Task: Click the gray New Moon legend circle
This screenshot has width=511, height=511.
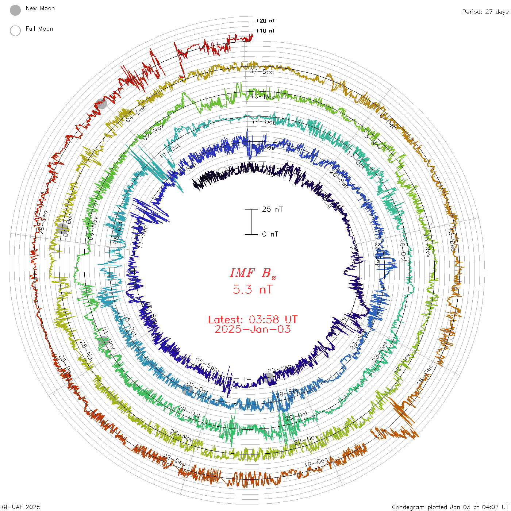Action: [15, 10]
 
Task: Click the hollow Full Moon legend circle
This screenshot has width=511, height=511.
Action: [15, 31]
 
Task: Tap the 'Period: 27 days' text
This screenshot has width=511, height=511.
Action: [485, 12]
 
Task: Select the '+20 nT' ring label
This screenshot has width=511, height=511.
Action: [265, 21]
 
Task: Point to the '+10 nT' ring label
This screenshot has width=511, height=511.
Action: [265, 31]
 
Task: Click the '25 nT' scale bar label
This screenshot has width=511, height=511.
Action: [272, 209]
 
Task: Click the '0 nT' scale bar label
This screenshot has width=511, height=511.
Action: [270, 234]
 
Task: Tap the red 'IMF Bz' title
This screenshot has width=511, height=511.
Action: [253, 273]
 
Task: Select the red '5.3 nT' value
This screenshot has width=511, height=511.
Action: [253, 289]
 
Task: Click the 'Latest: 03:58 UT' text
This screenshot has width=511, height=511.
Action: [253, 320]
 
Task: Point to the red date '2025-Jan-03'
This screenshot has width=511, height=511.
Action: [253, 329]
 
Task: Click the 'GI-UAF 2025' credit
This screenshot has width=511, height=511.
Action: [21, 507]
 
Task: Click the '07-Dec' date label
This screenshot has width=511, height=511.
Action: [261, 72]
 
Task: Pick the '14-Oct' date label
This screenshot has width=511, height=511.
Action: [264, 122]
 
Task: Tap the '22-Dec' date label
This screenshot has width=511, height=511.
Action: [174, 460]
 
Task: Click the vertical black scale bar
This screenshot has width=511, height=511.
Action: [251, 222]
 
